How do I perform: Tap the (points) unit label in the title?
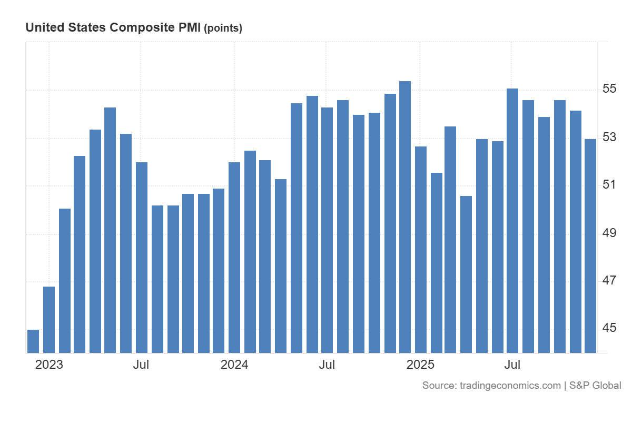tap(223, 28)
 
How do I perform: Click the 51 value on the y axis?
tap(609, 184)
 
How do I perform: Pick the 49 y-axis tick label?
tap(609, 232)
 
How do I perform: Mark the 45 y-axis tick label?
tap(609, 328)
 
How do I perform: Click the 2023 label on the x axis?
tap(49, 365)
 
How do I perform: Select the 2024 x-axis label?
tap(234, 365)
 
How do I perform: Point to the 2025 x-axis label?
tap(420, 365)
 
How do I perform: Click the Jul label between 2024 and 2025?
tap(327, 365)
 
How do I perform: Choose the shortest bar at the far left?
tap(33, 341)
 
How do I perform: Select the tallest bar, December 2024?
tap(405, 216)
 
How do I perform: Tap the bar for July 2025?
tap(512, 221)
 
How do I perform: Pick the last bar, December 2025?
tap(590, 246)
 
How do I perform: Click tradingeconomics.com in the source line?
tap(510, 386)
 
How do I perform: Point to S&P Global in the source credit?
tap(595, 386)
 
